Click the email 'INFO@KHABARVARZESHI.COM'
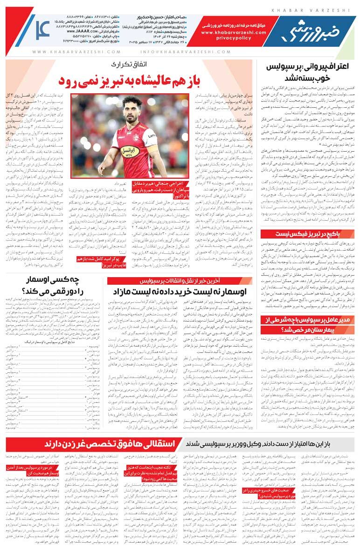176,52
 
